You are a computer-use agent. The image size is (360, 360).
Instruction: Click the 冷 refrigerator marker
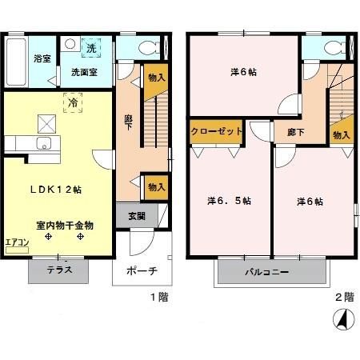coord(72,102)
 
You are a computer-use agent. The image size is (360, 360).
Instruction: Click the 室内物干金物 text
coord(64,226)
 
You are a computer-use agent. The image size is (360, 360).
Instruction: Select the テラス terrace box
coord(60,270)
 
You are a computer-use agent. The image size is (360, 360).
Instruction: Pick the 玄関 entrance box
coord(137,216)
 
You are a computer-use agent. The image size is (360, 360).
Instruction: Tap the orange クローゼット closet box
coord(217,132)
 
